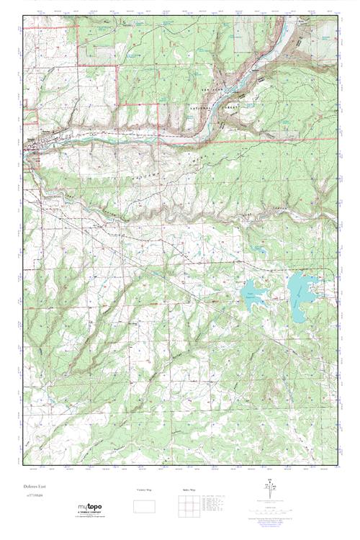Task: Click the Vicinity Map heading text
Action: point(147,490)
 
